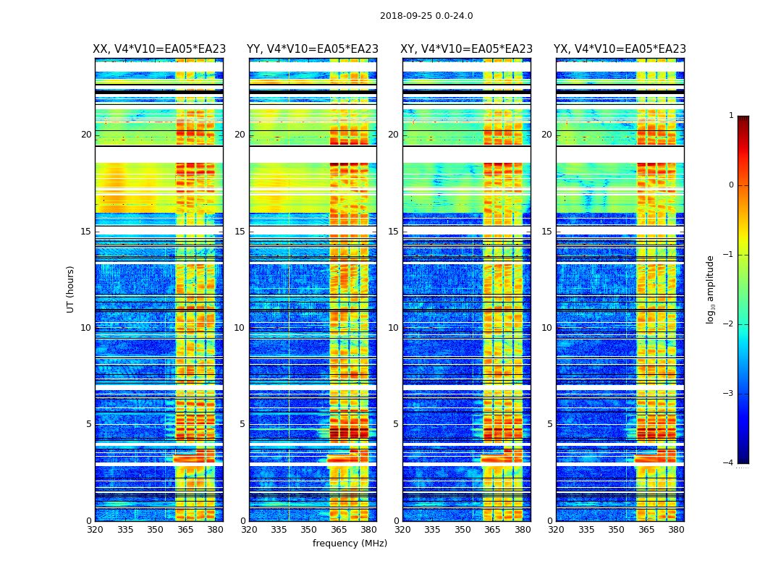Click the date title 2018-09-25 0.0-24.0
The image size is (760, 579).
click(x=426, y=16)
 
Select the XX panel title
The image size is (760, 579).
click(x=159, y=49)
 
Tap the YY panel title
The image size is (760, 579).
click(x=313, y=49)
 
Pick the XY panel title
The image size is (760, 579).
click(x=467, y=49)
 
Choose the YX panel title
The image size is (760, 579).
click(x=620, y=49)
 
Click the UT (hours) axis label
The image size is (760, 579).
click(x=71, y=289)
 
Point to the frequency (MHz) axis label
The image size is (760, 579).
click(x=350, y=544)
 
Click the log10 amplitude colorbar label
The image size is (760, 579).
click(x=711, y=289)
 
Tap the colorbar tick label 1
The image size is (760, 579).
click(x=731, y=116)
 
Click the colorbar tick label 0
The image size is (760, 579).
click(x=731, y=185)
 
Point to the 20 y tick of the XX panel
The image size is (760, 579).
click(x=86, y=135)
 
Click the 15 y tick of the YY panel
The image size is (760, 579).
click(x=240, y=232)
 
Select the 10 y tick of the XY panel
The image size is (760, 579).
click(x=393, y=328)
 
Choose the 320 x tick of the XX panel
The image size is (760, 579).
click(x=95, y=530)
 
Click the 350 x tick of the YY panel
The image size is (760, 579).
click(x=309, y=530)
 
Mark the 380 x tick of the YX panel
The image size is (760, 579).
click(x=676, y=530)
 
